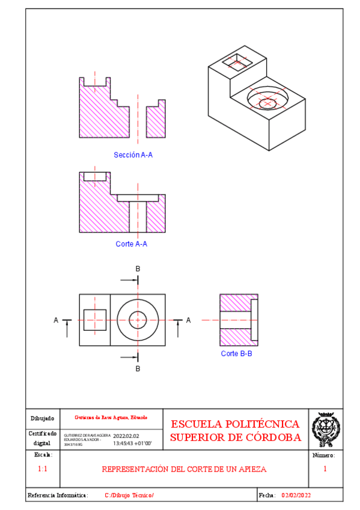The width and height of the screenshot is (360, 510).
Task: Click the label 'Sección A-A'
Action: pyautogui.click(x=133, y=155)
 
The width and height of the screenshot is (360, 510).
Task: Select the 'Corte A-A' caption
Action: pyautogui.click(x=131, y=244)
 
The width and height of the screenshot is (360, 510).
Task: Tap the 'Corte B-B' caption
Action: pyautogui.click(x=236, y=354)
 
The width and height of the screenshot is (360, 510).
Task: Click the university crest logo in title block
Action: pyautogui.click(x=326, y=429)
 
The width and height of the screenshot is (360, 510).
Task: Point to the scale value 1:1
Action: pyautogui.click(x=43, y=469)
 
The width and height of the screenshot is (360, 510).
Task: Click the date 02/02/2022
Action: pyautogui.click(x=296, y=495)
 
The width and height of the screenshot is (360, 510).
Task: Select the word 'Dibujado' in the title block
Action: pyautogui.click(x=43, y=418)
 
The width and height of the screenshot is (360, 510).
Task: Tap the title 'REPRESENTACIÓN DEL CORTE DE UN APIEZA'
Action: pyautogui.click(x=184, y=469)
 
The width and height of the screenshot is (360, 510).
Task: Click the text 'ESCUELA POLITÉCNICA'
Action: pyautogui.click(x=235, y=424)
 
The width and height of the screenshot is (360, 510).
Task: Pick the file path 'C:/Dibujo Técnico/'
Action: pyautogui.click(x=129, y=495)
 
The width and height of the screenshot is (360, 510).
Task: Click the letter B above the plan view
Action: pyautogui.click(x=138, y=268)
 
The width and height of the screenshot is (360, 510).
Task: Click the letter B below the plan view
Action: pyautogui.click(x=138, y=368)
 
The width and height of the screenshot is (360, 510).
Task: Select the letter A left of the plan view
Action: pyautogui.click(x=56, y=321)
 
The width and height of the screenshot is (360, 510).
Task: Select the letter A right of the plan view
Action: pyautogui.click(x=188, y=321)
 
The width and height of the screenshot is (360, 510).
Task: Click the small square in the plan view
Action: pyautogui.click(x=94, y=320)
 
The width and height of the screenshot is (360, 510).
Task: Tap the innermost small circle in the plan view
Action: pyautogui.click(x=138, y=320)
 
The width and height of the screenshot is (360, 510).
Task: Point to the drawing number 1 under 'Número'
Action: pyautogui.click(x=325, y=469)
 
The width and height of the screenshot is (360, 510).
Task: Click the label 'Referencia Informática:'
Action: pyautogui.click(x=58, y=495)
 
